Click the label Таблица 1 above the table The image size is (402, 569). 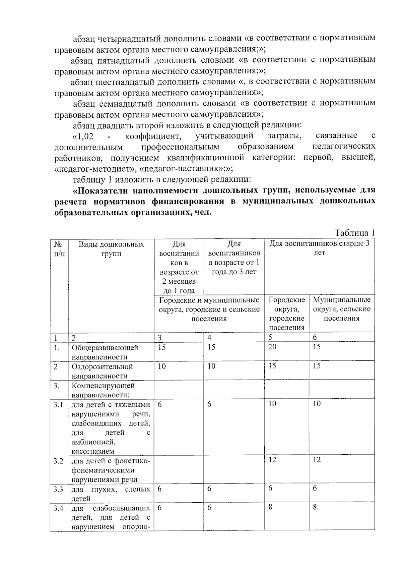[354, 233]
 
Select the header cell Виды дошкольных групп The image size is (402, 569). [111, 249]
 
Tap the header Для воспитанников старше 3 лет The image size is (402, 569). [319, 248]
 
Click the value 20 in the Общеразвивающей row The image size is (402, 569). [272, 347]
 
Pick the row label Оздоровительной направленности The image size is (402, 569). [102, 371]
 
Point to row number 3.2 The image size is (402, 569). [58, 461]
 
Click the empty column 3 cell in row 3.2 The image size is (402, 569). [179, 468]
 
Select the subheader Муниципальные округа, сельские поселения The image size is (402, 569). [341, 309]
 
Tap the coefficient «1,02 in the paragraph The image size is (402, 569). [83, 136]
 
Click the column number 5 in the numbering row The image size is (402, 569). [270, 337]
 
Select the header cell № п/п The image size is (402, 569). [59, 249]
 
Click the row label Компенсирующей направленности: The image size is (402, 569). [103, 390]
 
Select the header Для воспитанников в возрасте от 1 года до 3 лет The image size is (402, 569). [234, 258]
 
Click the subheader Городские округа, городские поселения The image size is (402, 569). [286, 314]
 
